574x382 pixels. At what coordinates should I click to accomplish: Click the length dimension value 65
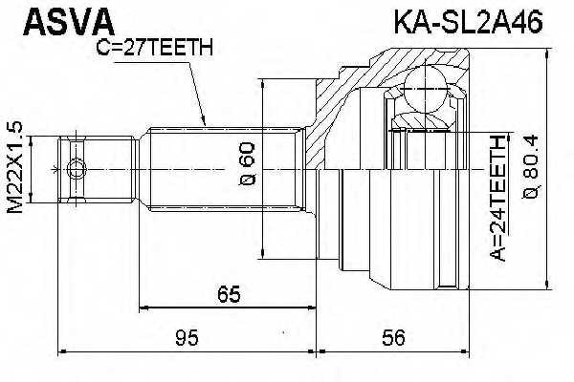click(227, 295)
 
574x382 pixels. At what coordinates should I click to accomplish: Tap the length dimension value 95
click(187, 336)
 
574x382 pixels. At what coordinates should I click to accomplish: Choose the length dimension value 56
click(393, 336)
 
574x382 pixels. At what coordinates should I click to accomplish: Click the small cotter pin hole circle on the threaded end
click(78, 170)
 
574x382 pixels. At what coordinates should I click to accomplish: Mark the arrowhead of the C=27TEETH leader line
click(204, 121)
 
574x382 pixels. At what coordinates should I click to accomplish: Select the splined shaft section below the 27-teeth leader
click(210, 170)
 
